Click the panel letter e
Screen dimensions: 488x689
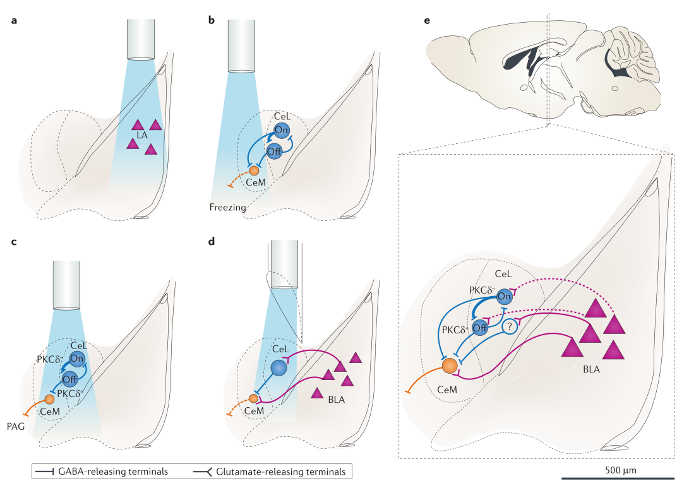pyautogui.click(x=428, y=21)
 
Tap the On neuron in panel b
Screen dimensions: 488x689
pyautogui.click(x=282, y=130)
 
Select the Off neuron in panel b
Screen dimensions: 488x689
pyautogui.click(x=274, y=151)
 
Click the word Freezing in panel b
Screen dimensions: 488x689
pyautogui.click(x=228, y=207)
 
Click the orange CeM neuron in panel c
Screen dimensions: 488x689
pyautogui.click(x=49, y=400)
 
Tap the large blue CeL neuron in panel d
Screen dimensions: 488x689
pyautogui.click(x=279, y=367)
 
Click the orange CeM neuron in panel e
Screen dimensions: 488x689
pyautogui.click(x=450, y=366)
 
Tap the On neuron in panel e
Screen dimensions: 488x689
pyautogui.click(x=503, y=296)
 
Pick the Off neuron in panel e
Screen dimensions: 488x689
pyautogui.click(x=480, y=326)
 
